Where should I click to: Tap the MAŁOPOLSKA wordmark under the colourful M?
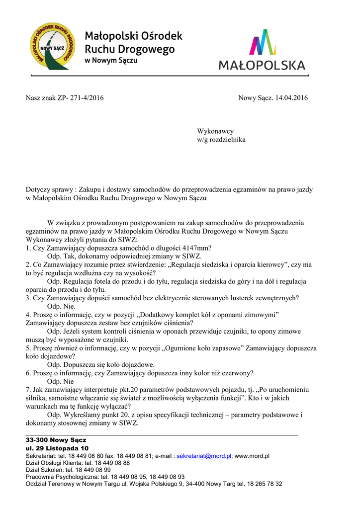click(262, 66)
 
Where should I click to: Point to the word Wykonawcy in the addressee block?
click(215, 131)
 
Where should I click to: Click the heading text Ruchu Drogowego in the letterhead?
click(130, 49)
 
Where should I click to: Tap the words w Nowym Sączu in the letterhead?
click(111, 61)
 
